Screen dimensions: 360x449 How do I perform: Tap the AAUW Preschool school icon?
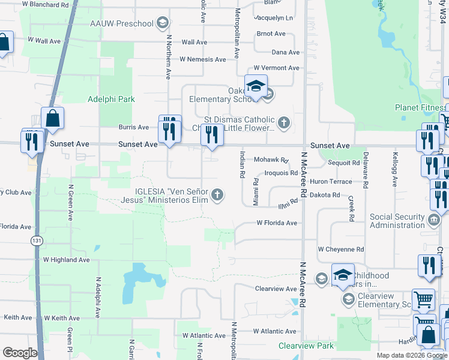pyautogui.click(x=161, y=24)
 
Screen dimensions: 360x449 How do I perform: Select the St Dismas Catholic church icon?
pyautogui.click(x=284, y=124)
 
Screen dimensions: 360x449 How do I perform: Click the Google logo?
pyautogui.click(x=20, y=352)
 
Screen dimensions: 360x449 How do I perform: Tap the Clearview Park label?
pyautogui.click(x=306, y=346)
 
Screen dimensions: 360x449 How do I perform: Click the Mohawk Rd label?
pyautogui.click(x=271, y=160)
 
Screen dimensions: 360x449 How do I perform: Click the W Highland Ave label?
pyautogui.click(x=66, y=260)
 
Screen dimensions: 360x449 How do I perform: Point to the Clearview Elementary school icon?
pyautogui.click(x=347, y=298)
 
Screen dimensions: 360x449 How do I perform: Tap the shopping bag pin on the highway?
pyautogui.click(x=52, y=119)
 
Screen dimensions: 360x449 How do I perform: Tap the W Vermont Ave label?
pyautogui.click(x=276, y=68)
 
